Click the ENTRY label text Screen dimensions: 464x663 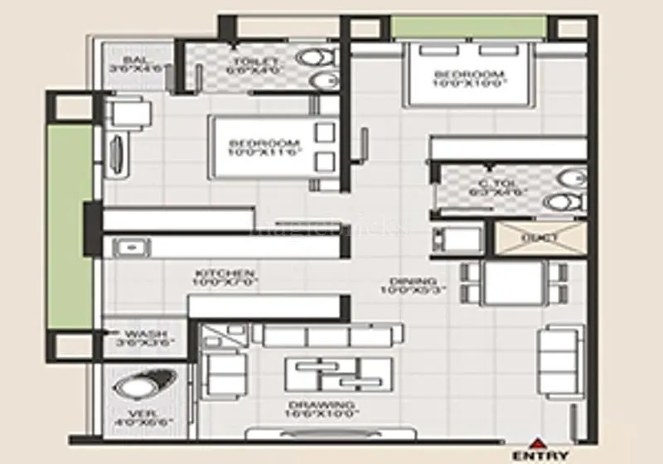tap(540, 455)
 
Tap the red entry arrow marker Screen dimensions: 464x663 tap(540, 442)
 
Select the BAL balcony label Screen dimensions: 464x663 tap(135, 65)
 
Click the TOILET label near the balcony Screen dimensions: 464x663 tap(249, 65)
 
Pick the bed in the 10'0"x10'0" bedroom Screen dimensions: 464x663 tap(468, 76)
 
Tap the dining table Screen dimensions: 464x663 tap(514, 283)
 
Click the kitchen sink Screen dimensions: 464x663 tap(130, 246)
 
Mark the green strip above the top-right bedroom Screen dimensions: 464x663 tap(467, 26)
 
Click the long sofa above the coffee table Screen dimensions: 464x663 tap(328, 336)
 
